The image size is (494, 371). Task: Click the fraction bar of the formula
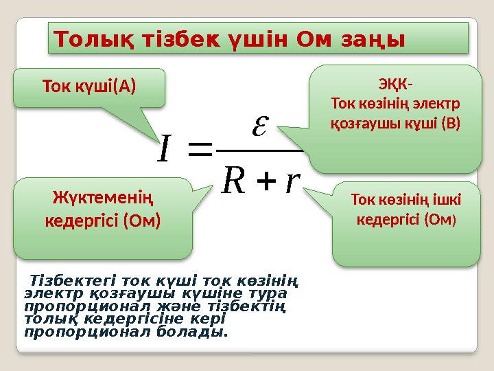(x=257, y=148)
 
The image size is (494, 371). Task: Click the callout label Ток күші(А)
(x=89, y=87)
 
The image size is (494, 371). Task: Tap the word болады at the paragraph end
(x=198, y=332)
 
